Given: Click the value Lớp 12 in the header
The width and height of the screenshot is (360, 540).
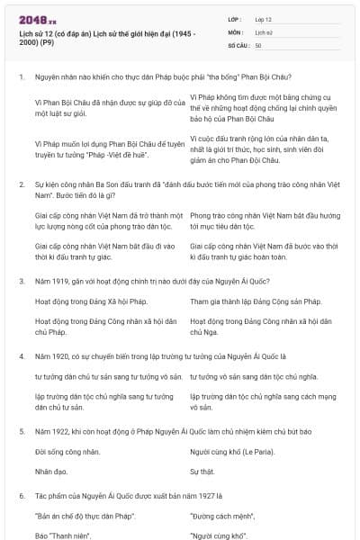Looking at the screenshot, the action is coord(263,18).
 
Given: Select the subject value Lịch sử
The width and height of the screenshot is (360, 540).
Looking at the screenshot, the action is coord(264,31).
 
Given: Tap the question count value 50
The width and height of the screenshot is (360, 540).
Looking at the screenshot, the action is coord(258,44).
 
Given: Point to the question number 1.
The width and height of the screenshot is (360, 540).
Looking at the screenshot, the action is coord(22,77).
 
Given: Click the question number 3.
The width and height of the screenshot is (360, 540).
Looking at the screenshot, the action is coord(22,282).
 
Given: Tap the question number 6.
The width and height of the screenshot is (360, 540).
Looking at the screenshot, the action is coord(22,495).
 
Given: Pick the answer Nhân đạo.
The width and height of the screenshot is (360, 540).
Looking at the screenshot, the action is coord(51,471).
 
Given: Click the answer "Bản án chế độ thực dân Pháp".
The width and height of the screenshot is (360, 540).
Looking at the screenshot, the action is coord(79,516).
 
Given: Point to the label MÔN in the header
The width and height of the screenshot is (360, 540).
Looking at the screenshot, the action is coord(235,31).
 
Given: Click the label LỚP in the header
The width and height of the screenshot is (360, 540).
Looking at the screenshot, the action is coord(235,18).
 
